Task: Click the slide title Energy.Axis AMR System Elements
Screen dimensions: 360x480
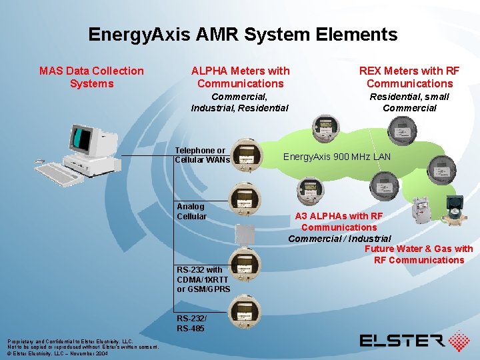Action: pyautogui.click(x=243, y=35)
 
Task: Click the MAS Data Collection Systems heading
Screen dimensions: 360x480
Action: pyautogui.click(x=91, y=77)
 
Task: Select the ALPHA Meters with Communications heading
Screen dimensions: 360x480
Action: pyautogui.click(x=240, y=77)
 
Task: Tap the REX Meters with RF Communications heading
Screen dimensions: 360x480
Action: pyautogui.click(x=409, y=77)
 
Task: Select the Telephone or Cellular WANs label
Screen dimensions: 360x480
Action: pyautogui.click(x=202, y=155)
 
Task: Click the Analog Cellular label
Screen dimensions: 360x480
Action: pyautogui.click(x=192, y=211)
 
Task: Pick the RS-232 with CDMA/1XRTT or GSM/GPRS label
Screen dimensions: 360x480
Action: pyautogui.click(x=203, y=279)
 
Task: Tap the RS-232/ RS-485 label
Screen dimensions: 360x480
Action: pyautogui.click(x=192, y=323)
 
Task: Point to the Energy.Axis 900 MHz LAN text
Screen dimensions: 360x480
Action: pyautogui.click(x=337, y=157)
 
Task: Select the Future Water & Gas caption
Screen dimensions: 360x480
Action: pyautogui.click(x=419, y=254)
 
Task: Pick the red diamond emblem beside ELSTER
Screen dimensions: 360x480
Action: pyautogui.click(x=459, y=340)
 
